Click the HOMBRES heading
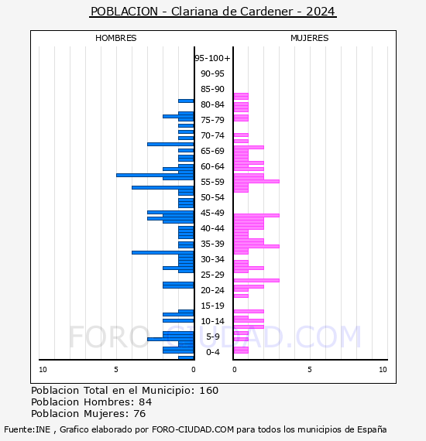115,38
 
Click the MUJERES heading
310,38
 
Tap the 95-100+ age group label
212,58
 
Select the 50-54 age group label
212,197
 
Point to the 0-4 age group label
213,352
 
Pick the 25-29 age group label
212,275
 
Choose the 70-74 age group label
212,135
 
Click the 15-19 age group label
212,306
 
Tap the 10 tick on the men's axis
43,370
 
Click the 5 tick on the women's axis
310,370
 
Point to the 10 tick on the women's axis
383,370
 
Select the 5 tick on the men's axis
116,370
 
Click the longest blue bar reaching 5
155,175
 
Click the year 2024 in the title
321,12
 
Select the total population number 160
208,391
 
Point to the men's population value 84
146,402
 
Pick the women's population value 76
139,414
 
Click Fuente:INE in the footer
27,429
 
